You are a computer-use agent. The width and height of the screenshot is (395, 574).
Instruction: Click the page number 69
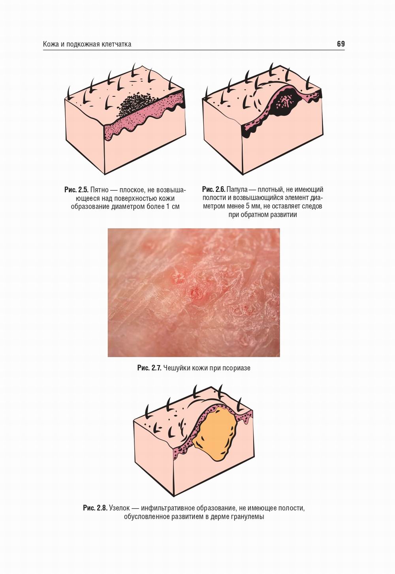pyautogui.click(x=340, y=44)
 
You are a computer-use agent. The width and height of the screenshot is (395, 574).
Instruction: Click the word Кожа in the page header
pyautogui.click(x=51, y=44)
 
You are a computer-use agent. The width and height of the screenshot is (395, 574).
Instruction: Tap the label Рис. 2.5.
pyautogui.click(x=76, y=190)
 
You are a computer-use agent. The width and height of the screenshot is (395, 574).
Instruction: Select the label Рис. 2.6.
pyautogui.click(x=214, y=189)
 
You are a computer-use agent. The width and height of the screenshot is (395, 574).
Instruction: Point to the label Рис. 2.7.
pyautogui.click(x=149, y=368)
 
